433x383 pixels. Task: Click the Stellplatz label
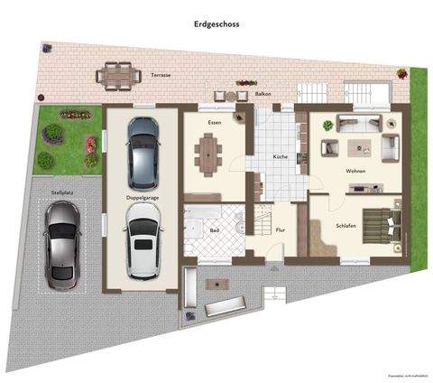click(62, 192)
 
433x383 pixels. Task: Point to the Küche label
click(281, 158)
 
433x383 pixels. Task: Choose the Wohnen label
click(355, 171)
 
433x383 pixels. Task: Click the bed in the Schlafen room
click(379, 225)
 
